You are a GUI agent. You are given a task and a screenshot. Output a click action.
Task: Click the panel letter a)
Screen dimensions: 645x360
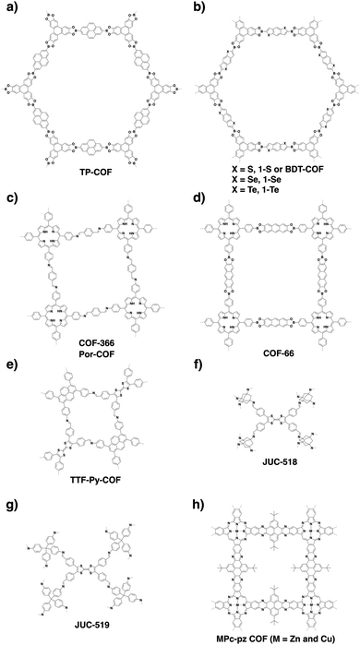pos(7,7)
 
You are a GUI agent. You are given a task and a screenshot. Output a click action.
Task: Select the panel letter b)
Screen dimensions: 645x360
pos(188,7)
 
